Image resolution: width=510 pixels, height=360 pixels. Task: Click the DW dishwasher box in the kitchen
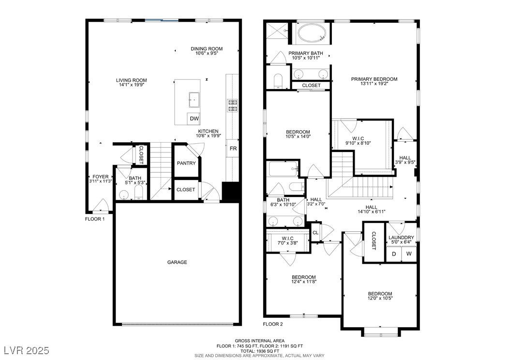pos(194,119)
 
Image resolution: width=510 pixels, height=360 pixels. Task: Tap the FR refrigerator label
pos(233,149)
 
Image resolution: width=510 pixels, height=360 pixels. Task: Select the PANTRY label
pos(186,163)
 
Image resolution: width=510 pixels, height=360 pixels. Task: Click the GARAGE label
pos(177,262)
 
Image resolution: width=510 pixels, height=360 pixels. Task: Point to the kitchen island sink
pos(194,100)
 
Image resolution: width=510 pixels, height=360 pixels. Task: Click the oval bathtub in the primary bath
pos(312,33)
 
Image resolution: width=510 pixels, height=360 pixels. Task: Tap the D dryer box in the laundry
pos(394,254)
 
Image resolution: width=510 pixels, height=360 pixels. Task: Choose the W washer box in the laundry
pos(409,254)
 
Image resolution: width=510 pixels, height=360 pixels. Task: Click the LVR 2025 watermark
pos(27,350)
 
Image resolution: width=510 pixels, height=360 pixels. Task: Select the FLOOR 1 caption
pos(95,219)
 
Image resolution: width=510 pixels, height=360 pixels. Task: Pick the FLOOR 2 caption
pos(273,324)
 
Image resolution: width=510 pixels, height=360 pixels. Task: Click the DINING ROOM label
pos(207,49)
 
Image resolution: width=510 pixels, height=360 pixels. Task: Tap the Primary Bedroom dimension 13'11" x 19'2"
pos(374,84)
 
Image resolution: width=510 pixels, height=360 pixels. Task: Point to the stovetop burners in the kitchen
pos(233,105)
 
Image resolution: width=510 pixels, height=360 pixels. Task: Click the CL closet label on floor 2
pos(315,233)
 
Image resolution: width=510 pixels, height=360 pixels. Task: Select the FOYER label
pos(101,177)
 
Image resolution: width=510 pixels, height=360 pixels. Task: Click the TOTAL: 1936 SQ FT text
pos(259,351)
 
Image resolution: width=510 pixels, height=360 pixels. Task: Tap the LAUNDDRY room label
pos(401,238)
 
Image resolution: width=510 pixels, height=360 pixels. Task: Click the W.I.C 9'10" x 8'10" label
pos(358,140)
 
